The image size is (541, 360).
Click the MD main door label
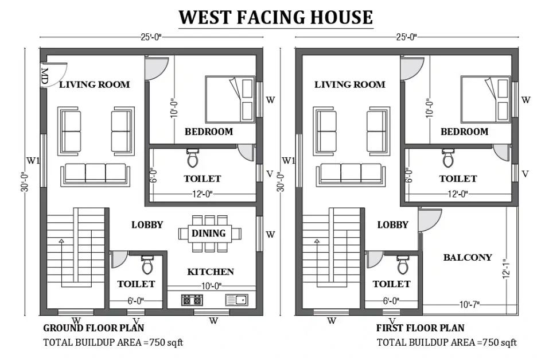pyautogui.click(x=45, y=76)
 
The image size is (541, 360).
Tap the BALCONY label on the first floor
pyautogui.click(x=468, y=257)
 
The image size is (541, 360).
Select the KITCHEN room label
pyautogui.click(x=211, y=272)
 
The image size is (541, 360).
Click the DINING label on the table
pyautogui.click(x=209, y=233)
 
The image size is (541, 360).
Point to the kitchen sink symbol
pyautogui.click(x=237, y=300)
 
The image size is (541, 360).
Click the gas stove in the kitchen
pyautogui.click(x=192, y=300)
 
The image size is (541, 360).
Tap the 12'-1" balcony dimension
pyautogui.click(x=507, y=269)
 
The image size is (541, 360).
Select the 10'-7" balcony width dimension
pyautogui.click(x=470, y=305)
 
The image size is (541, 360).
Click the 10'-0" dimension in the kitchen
pyautogui.click(x=212, y=286)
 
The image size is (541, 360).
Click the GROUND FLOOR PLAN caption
pyautogui.click(x=94, y=328)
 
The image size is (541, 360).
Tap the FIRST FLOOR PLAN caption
pyautogui.click(x=421, y=328)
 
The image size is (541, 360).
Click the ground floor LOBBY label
pyautogui.click(x=147, y=225)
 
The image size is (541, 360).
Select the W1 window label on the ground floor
pyautogui.click(x=33, y=161)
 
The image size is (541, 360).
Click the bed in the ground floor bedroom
pyautogui.click(x=230, y=99)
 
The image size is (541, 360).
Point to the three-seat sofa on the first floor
pyautogui.click(x=351, y=175)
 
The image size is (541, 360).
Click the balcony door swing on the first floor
pyautogui.click(x=430, y=220)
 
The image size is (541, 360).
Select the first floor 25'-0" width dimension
pyautogui.click(x=407, y=37)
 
